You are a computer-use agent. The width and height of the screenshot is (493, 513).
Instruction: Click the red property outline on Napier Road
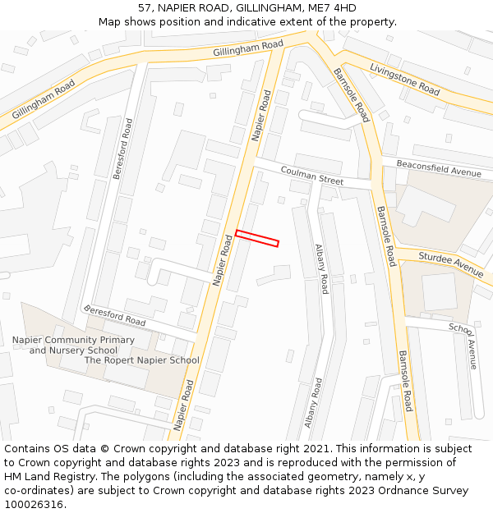click(257, 238)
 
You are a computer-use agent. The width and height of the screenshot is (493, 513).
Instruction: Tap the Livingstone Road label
click(405, 77)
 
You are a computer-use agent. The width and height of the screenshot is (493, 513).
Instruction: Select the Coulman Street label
click(311, 175)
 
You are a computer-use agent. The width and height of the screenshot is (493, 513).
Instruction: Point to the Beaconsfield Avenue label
click(438, 168)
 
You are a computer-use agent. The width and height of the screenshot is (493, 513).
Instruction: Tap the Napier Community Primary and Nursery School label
click(73, 345)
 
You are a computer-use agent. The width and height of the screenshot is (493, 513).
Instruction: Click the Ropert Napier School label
click(141, 360)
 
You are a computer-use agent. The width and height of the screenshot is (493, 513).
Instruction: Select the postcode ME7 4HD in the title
click(332, 8)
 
